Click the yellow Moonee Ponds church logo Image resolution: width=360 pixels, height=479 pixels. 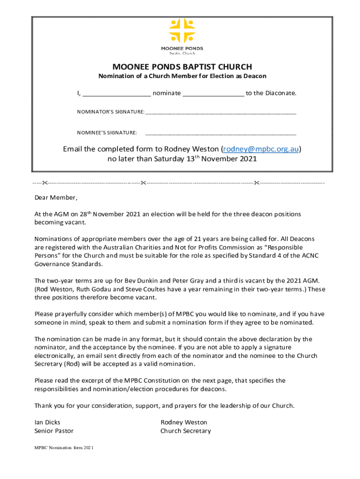click(x=182, y=31)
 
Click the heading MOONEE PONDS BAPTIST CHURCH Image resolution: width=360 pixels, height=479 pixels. click(x=182, y=67)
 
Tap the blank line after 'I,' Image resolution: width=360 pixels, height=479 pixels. click(x=116, y=94)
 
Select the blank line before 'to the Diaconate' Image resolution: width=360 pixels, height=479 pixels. click(x=213, y=94)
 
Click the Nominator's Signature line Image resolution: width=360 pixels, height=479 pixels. click(x=221, y=112)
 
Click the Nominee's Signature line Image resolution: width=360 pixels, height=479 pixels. click(x=221, y=133)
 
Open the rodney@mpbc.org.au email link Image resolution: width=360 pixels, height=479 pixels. click(x=260, y=149)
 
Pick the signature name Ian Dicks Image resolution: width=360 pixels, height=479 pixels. click(x=48, y=422)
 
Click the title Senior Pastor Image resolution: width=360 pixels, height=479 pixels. click(x=54, y=431)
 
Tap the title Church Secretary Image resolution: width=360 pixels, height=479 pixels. click(x=186, y=431)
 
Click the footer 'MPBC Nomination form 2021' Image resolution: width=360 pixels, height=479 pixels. click(x=64, y=448)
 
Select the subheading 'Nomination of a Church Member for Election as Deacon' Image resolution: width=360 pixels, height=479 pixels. click(x=182, y=76)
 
